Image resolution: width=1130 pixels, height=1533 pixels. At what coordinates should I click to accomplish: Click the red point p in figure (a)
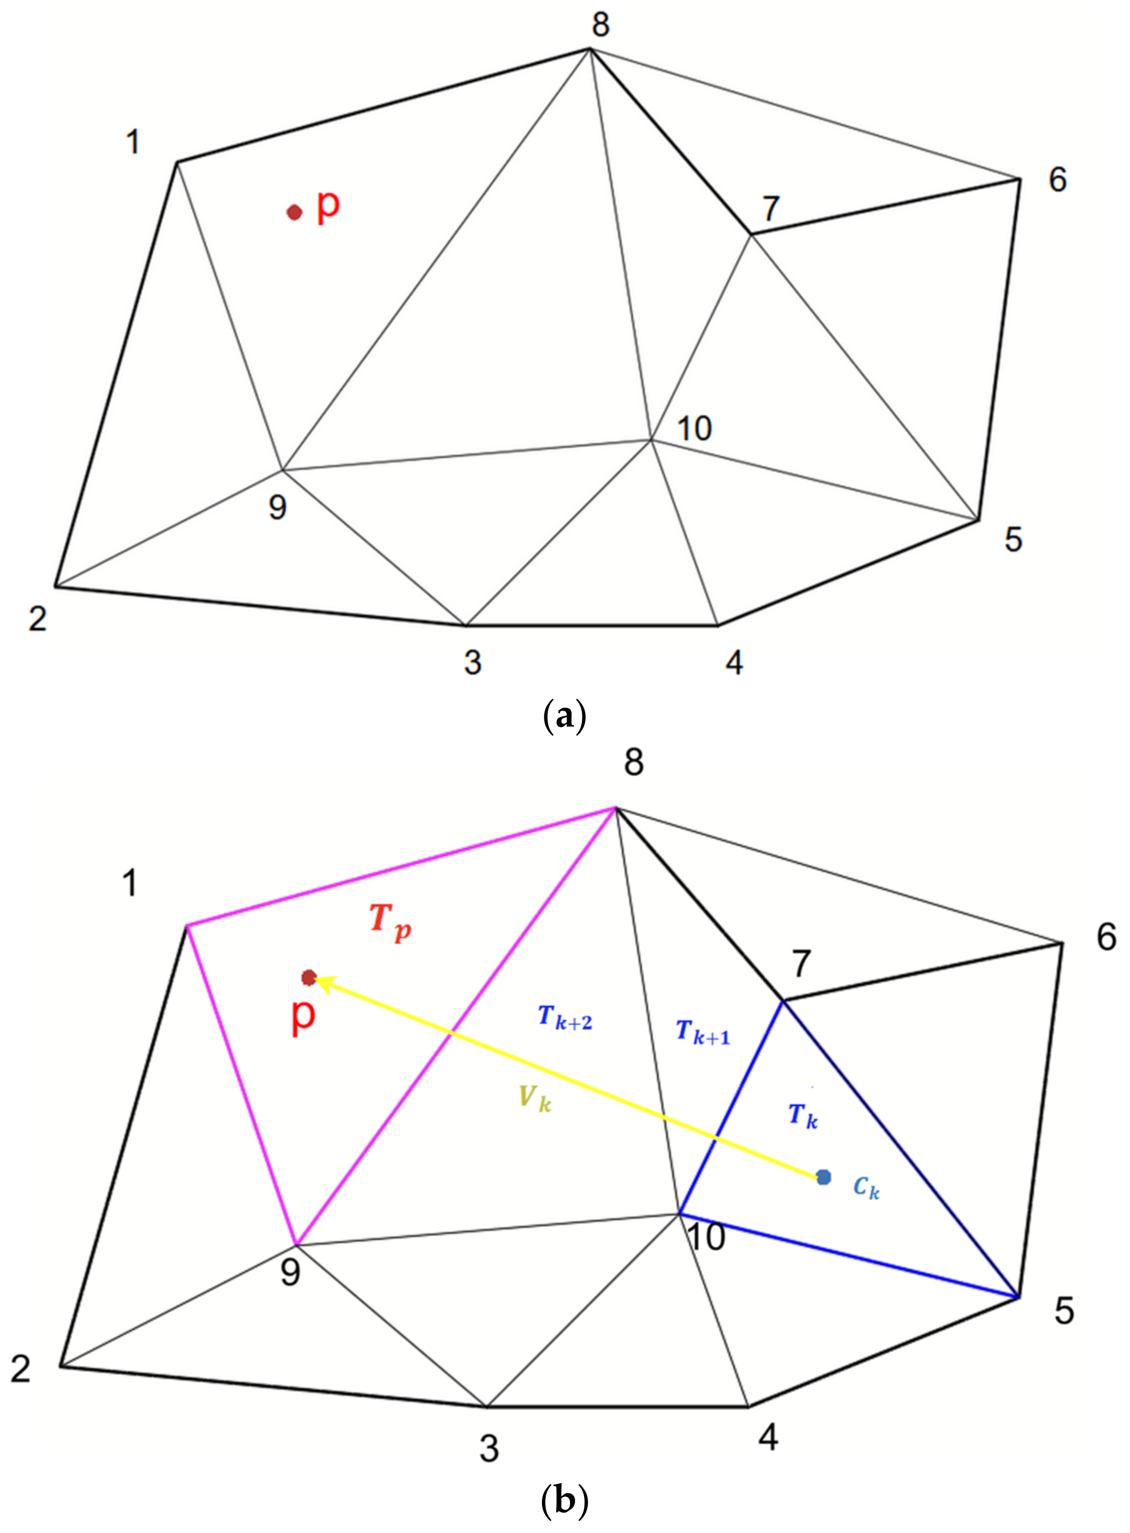[x=294, y=213]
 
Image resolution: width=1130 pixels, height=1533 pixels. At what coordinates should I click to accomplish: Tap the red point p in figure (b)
[x=308, y=977]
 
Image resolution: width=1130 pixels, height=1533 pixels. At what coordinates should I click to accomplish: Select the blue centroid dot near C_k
[x=824, y=1177]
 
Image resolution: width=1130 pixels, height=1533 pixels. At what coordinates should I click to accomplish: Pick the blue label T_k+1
[x=703, y=1032]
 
